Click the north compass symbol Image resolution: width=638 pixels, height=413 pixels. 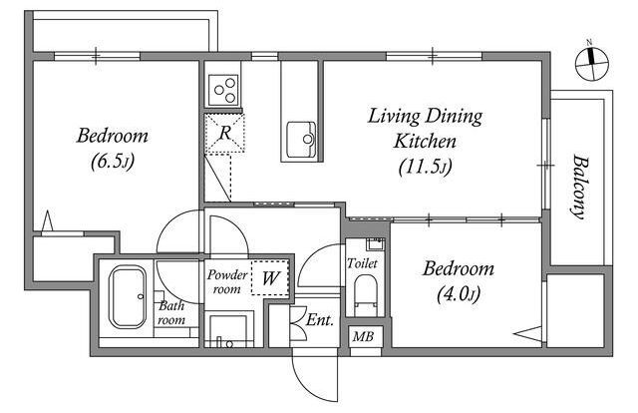point(591,63)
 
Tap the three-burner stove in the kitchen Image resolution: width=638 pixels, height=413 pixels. point(223,90)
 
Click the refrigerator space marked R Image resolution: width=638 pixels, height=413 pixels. point(225,134)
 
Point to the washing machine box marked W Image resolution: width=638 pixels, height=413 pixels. point(270,277)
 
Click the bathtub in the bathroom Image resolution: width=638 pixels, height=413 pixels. point(128,296)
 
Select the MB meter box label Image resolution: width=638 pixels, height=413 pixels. point(363,336)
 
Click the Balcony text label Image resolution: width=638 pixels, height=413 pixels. point(580,187)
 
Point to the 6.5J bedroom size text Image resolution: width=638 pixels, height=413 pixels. point(113,162)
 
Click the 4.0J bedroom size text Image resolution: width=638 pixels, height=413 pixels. point(459,294)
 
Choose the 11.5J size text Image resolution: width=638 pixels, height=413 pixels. point(426,167)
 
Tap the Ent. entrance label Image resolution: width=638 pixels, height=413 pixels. point(320,320)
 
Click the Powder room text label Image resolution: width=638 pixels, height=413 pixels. point(227,282)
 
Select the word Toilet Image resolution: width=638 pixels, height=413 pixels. point(362,263)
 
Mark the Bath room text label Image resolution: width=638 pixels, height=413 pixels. point(171,313)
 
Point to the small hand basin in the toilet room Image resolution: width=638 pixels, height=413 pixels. point(375,244)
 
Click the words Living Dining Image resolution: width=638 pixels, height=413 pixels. point(426,117)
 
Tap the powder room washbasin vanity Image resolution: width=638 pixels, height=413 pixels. point(228,330)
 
